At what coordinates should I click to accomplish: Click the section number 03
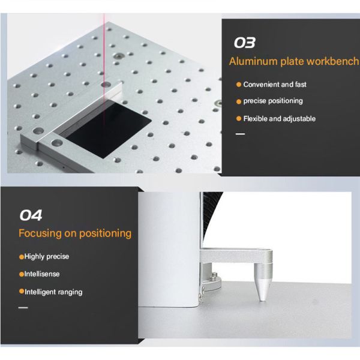click(x=244, y=43)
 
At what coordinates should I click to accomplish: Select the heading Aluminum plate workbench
click(x=294, y=62)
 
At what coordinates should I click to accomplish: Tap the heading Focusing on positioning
click(x=75, y=233)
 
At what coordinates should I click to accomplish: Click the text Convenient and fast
click(x=275, y=85)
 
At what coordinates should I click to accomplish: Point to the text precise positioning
click(x=273, y=101)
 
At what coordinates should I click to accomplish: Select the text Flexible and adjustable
click(x=279, y=118)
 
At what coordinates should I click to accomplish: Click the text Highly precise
click(x=46, y=256)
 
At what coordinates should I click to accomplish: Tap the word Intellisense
click(x=42, y=274)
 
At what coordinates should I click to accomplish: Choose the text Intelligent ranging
click(x=53, y=292)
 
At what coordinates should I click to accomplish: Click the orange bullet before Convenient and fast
click(x=239, y=85)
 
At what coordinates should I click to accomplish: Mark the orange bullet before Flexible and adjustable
click(x=239, y=118)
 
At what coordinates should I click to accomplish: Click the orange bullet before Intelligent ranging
click(x=22, y=292)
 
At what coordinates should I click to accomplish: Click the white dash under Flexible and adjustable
click(x=240, y=134)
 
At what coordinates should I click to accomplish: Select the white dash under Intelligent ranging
click(x=23, y=307)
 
